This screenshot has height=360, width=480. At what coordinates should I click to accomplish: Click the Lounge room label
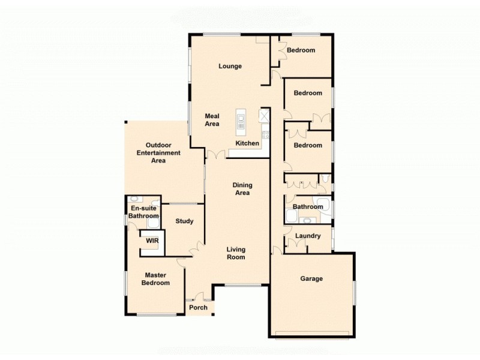point(230,66)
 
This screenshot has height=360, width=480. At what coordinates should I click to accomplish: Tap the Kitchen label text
point(247,143)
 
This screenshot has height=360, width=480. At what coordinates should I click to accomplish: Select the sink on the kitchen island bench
point(241,124)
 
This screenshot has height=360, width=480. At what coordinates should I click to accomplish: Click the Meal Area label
point(212,120)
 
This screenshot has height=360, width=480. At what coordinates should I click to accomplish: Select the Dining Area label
point(241,189)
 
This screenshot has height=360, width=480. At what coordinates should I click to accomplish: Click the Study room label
point(184,221)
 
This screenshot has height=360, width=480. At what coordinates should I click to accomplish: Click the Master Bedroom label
point(155,279)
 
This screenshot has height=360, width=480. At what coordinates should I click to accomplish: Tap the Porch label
point(198,308)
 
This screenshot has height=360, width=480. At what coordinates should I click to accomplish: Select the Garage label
point(311,278)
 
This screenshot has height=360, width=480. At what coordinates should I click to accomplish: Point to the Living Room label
point(236,253)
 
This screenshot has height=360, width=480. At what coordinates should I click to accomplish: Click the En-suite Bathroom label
point(143,212)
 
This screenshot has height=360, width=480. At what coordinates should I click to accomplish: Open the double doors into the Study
point(196,247)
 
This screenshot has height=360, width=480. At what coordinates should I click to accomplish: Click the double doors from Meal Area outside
point(215,155)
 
